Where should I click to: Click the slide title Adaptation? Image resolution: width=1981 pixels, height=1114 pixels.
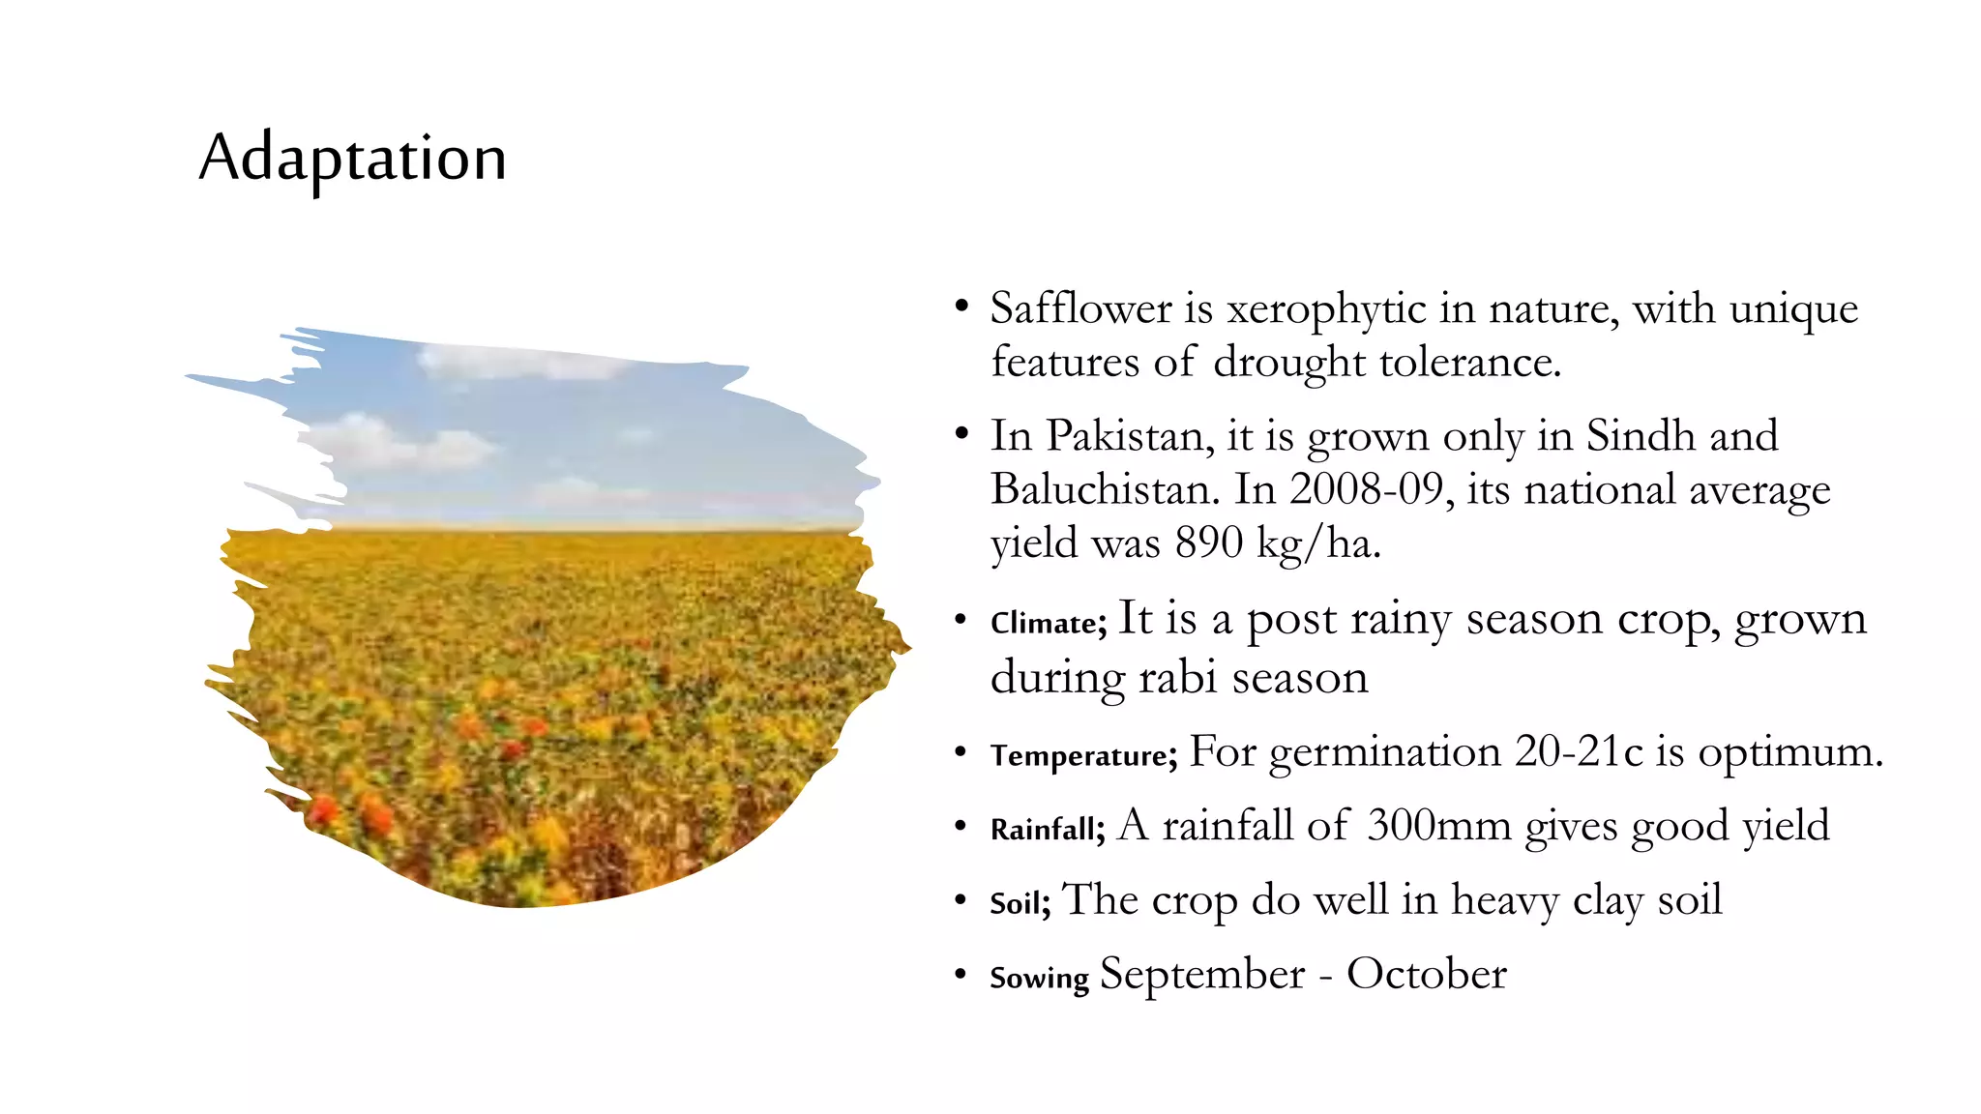[x=352, y=158]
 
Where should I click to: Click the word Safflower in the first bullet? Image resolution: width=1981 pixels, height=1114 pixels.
[x=1081, y=309]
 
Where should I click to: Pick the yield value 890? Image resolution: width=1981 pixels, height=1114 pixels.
[x=1209, y=542]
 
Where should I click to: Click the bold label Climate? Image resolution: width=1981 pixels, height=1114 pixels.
[x=1048, y=623]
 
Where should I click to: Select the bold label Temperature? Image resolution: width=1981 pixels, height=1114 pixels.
[x=1083, y=755]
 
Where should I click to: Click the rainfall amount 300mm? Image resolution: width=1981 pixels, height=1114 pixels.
[x=1439, y=826]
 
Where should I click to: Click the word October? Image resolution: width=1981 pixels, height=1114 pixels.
[x=1426, y=974]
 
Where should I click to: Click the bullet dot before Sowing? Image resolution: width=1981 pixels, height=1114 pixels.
[x=960, y=974]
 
